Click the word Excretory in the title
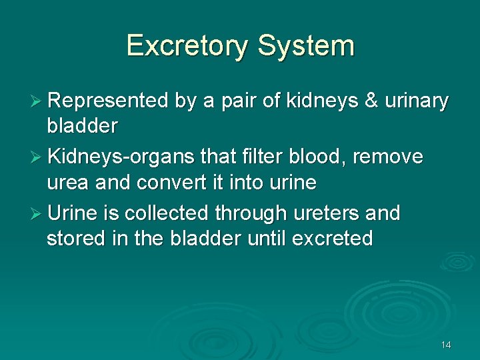(187, 46)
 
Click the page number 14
(446, 345)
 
